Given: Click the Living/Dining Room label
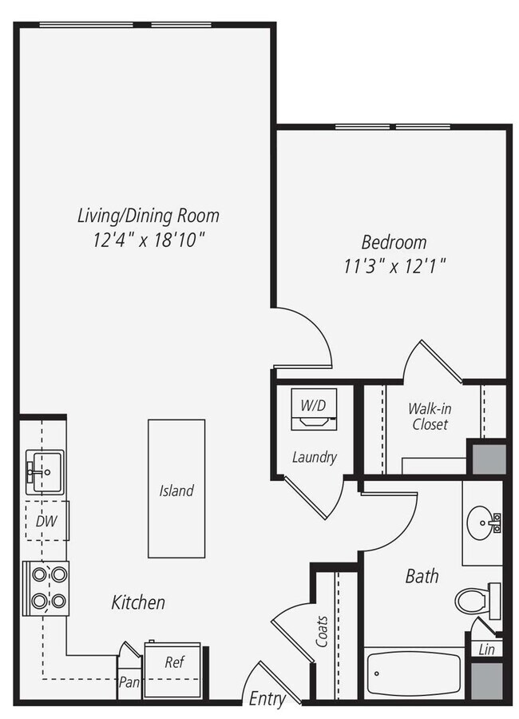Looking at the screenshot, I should tap(148, 216).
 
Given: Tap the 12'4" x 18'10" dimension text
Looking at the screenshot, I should tap(148, 240).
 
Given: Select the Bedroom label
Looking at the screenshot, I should tap(394, 242).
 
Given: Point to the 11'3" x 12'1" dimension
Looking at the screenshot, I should tap(394, 267).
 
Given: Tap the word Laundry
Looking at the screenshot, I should tap(314, 458).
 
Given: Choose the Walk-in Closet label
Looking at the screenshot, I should tap(430, 416).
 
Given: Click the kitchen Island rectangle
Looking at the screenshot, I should tap(176, 490).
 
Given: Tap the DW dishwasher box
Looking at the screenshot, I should tap(45, 521).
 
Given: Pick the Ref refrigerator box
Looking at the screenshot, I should tap(174, 662).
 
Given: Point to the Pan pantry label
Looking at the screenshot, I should tap(129, 683).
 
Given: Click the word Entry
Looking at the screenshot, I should tap(267, 699).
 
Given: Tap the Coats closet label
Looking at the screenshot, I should tap(323, 630).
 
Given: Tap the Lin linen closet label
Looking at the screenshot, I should tap(486, 649).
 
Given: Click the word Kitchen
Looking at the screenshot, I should tap(138, 602).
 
